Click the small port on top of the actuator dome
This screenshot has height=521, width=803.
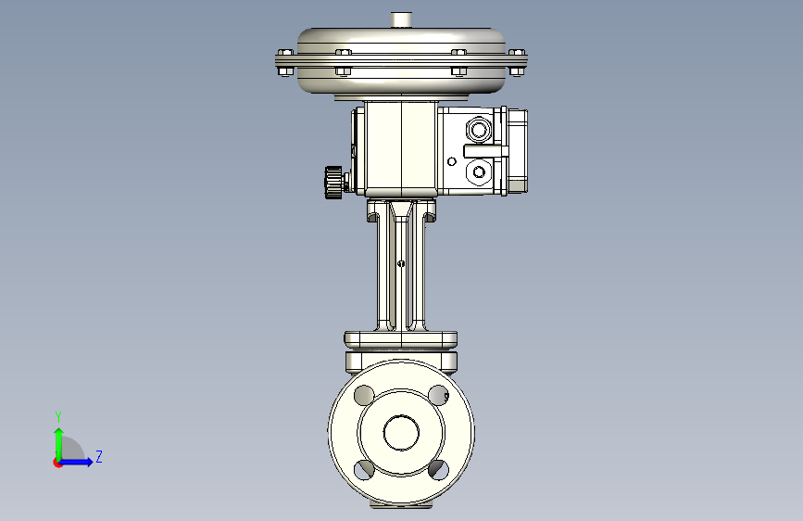click(401, 19)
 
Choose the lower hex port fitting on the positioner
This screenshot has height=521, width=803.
click(478, 172)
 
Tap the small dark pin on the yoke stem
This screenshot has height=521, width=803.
click(400, 264)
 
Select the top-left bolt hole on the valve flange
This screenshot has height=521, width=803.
click(364, 395)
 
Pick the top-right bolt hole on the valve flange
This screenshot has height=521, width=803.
click(439, 395)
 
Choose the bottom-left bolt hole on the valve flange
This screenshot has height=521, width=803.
click(364, 469)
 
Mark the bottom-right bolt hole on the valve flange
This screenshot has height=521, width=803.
click(439, 469)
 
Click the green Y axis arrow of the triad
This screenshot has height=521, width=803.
click(58, 439)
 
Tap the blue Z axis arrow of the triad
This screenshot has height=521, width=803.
click(82, 462)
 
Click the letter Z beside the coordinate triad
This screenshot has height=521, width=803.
click(98, 457)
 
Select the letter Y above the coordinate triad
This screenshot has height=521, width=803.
click(58, 416)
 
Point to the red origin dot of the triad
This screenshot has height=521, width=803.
click(58, 463)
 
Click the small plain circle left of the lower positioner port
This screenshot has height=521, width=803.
click(452, 161)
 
